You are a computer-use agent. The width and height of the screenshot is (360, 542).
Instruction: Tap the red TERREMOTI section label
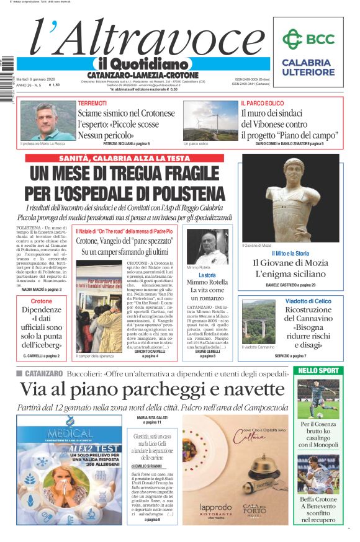pos(92,103)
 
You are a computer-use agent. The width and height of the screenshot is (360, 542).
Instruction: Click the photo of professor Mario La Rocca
pos(47,121)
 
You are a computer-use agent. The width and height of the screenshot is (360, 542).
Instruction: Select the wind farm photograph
pos(210,121)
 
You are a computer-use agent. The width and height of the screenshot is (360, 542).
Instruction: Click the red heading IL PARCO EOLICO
pos(263,103)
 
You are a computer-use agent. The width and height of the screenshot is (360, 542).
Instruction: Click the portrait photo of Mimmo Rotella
pos(207,247)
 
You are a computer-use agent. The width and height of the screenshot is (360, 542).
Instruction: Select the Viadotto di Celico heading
pos(308,301)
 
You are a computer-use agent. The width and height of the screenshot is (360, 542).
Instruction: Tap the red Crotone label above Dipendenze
pos(42,301)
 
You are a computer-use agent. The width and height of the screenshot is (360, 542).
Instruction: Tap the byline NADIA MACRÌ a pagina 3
pos(42,290)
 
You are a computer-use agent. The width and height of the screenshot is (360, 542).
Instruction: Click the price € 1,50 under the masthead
pos(55,85)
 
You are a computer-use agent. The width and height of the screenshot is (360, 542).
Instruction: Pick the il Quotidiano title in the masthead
pos(142,64)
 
